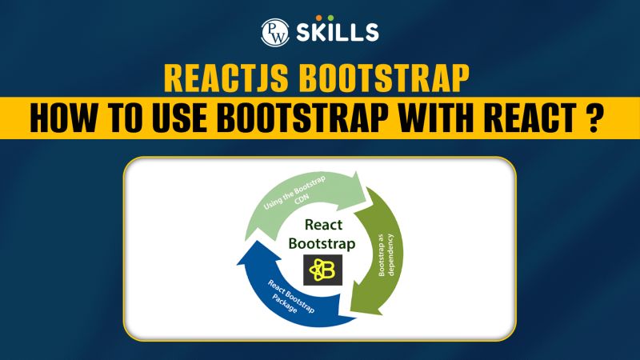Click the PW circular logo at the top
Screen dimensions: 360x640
[x=274, y=31]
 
